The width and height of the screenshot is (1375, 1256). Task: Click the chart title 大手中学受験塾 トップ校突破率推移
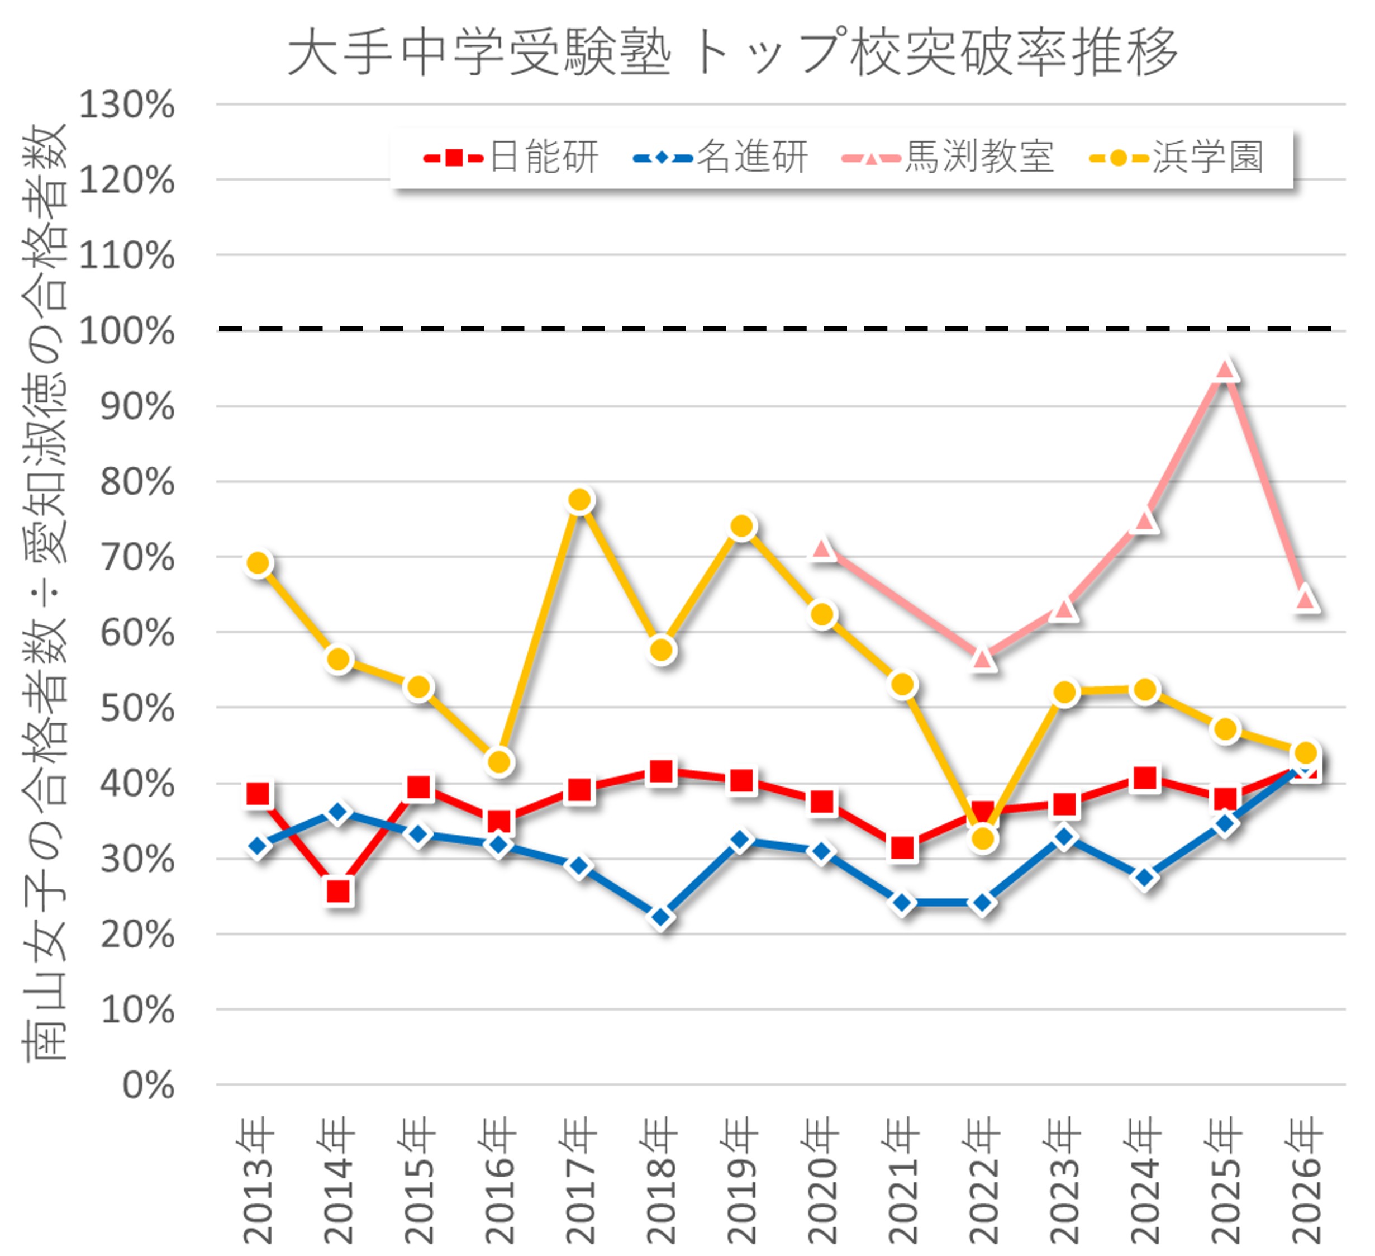click(x=732, y=52)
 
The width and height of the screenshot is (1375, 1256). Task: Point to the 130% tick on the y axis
click(x=127, y=105)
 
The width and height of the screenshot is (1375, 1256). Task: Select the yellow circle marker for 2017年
click(x=580, y=501)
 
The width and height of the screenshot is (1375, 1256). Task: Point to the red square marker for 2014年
click(x=339, y=891)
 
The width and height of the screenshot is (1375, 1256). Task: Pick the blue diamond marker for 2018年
click(x=661, y=917)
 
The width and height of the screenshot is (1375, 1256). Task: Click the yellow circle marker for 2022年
click(x=983, y=838)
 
